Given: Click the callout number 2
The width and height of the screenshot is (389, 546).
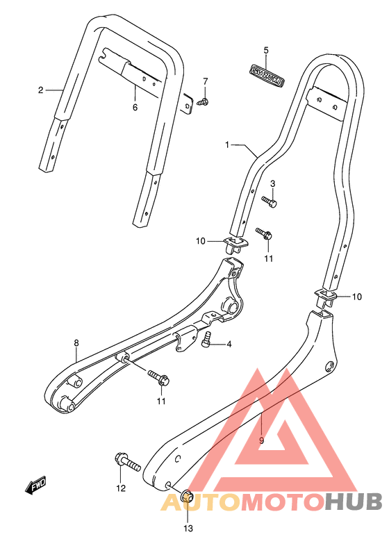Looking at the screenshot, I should [x=40, y=90].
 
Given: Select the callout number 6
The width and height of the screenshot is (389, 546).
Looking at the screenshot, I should [x=135, y=107].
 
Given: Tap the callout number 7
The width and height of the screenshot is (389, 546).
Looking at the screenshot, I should [x=205, y=82].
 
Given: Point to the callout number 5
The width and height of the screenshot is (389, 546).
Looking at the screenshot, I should [x=265, y=50].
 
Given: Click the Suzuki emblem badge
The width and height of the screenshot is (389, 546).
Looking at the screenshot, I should [x=265, y=74].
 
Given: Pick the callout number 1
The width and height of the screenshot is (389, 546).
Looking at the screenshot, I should [x=227, y=144].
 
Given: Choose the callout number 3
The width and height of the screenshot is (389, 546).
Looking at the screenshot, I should [x=273, y=183].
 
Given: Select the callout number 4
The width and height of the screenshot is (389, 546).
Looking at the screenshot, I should [x=229, y=345].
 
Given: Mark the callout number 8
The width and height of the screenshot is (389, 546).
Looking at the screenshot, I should [x=76, y=342].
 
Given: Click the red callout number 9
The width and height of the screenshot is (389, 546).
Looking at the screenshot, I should [x=261, y=440].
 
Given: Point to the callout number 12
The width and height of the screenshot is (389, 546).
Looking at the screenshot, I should [x=121, y=488].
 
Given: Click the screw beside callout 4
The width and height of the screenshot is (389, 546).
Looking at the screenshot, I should [x=206, y=342].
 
